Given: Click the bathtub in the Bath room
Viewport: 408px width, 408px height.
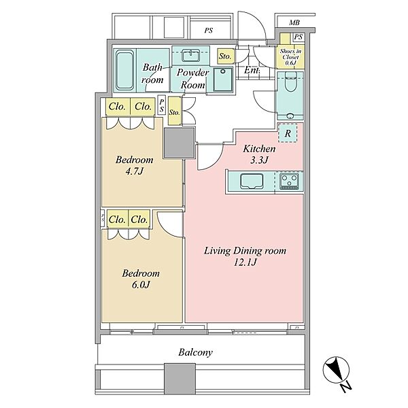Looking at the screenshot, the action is pos(124,70).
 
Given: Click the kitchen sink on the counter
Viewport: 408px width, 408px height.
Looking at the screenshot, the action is pos(252,181).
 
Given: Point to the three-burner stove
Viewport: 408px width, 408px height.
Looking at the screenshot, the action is pos(289,181).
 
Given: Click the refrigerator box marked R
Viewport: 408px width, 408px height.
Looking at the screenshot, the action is pos(288,133).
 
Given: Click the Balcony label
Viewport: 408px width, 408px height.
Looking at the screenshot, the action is pos(195,352).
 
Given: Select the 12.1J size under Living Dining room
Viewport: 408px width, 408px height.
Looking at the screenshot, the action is pos(245,262).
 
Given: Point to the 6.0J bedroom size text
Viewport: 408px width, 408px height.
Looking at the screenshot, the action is pos(140,285).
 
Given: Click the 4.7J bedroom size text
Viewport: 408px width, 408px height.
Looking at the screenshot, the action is pos(134,171).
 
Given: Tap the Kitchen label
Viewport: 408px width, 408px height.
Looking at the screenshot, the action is pos(259,149).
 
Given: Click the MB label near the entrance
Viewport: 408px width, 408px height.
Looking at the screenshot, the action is pos(294,22).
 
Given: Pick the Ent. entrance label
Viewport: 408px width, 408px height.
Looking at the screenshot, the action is pos(252,70).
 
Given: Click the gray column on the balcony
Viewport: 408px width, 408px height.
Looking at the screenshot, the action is pos(180,379).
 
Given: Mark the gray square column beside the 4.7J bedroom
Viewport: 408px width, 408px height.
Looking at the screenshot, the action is pos(179,143).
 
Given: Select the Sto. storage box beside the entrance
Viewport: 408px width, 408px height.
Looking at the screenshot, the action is pos(225,56).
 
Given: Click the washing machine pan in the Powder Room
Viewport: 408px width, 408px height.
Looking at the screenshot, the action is pos(223,80).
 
